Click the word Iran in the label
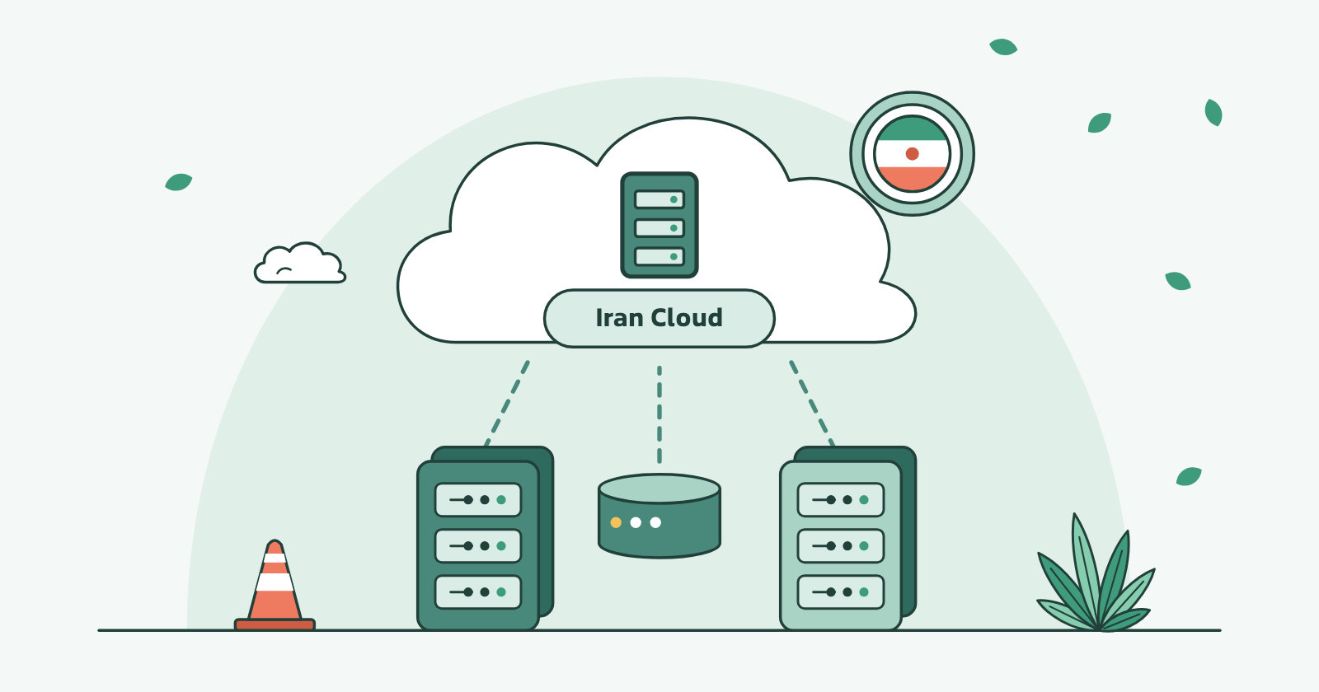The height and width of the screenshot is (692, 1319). [619, 318]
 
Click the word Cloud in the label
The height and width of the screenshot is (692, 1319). [687, 318]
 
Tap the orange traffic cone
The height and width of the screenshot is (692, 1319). [275, 585]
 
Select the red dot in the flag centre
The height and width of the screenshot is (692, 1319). [912, 153]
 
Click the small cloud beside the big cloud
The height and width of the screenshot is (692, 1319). [300, 263]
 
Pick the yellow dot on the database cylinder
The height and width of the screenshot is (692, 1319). [616, 522]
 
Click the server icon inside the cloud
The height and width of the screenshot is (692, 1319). [659, 225]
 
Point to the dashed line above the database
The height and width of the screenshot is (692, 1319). [659, 414]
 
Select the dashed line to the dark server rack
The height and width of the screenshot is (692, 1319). [506, 403]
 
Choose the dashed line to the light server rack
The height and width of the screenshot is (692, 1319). [812, 403]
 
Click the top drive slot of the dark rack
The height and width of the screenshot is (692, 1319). [478, 499]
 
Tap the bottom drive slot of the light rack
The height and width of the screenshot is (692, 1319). [841, 592]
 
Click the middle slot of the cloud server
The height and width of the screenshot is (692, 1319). [659, 227]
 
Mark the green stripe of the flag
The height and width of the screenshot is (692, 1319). [912, 129]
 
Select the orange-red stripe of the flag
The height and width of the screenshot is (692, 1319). [912, 179]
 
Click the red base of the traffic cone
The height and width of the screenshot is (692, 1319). [275, 624]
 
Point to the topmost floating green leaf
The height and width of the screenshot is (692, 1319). [1003, 47]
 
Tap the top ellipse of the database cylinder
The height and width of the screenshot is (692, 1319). [659, 489]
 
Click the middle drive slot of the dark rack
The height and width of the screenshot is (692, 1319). [478, 546]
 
